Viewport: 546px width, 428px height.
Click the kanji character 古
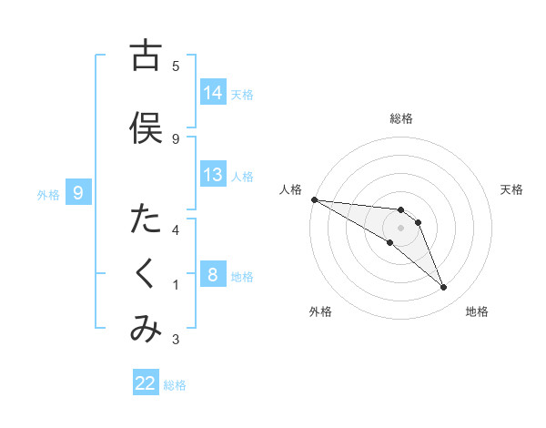146,56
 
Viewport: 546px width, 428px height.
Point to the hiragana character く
146,276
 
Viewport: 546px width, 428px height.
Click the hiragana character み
146,331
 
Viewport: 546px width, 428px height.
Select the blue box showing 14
213,93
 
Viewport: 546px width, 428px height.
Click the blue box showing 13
213,175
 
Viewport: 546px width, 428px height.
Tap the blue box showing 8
213,276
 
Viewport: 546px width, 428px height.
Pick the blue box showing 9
79,193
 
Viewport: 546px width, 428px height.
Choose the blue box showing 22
147,384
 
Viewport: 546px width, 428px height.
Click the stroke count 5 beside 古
176,66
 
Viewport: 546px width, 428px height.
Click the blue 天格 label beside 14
242,94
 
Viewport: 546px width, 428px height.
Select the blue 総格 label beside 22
176,385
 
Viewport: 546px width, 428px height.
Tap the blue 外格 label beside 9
47,194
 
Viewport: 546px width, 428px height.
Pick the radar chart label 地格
478,311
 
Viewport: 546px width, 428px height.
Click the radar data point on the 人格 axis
314,199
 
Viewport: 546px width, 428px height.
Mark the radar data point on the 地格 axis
443,288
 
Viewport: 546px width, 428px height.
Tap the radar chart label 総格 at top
401,118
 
